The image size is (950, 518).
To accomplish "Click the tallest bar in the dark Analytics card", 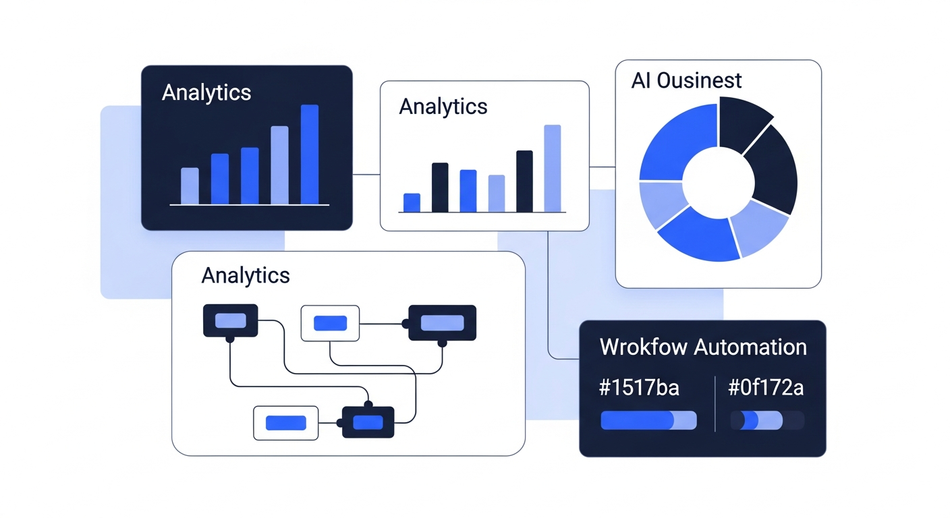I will [309, 154].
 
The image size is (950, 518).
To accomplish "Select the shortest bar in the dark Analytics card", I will [190, 186].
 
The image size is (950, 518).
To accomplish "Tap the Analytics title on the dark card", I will [206, 92].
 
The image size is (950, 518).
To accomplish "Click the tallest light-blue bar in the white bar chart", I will [552, 169].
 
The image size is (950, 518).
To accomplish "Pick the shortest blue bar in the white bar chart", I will [412, 202].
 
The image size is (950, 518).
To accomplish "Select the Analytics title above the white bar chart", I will [443, 107].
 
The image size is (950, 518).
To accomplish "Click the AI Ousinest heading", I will [686, 80].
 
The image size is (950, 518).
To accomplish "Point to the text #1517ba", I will [639, 388].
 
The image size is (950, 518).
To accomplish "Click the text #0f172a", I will [766, 388].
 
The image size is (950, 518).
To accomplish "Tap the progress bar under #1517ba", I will [648, 421].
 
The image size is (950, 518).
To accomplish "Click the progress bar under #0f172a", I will [767, 421].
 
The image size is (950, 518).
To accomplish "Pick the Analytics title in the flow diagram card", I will [246, 275].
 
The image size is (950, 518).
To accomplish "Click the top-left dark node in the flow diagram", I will [230, 320].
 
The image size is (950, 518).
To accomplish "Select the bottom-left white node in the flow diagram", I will [285, 423].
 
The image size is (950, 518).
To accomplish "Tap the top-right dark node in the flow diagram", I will [442, 322].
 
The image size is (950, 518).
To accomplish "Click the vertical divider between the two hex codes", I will [715, 403].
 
